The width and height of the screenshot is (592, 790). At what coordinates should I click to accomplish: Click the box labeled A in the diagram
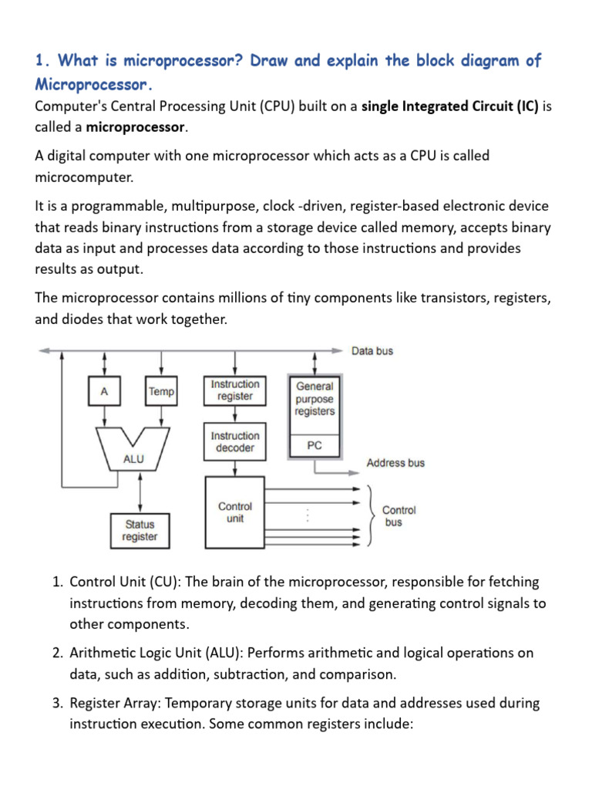tap(103, 391)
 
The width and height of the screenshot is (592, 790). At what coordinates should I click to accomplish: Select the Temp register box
tap(161, 391)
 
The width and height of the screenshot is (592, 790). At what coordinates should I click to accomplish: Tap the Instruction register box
tap(235, 390)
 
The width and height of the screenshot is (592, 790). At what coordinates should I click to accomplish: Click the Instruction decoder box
tap(235, 441)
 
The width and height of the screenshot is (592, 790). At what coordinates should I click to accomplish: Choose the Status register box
tap(140, 530)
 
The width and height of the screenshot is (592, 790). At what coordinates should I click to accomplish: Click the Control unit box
tap(235, 512)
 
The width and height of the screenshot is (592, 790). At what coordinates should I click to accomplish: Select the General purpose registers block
tap(314, 399)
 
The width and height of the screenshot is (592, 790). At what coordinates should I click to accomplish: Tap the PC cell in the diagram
tap(314, 445)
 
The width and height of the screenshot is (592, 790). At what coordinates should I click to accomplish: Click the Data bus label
tap(372, 350)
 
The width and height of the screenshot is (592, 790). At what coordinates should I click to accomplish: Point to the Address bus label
tap(395, 463)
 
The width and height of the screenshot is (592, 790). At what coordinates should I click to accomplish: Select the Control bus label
tap(399, 516)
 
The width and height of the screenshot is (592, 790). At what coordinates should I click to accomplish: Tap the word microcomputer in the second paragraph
tap(84, 177)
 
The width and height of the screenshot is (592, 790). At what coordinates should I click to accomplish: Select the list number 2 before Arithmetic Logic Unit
tap(57, 653)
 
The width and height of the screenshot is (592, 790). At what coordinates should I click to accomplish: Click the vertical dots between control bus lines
tap(308, 515)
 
